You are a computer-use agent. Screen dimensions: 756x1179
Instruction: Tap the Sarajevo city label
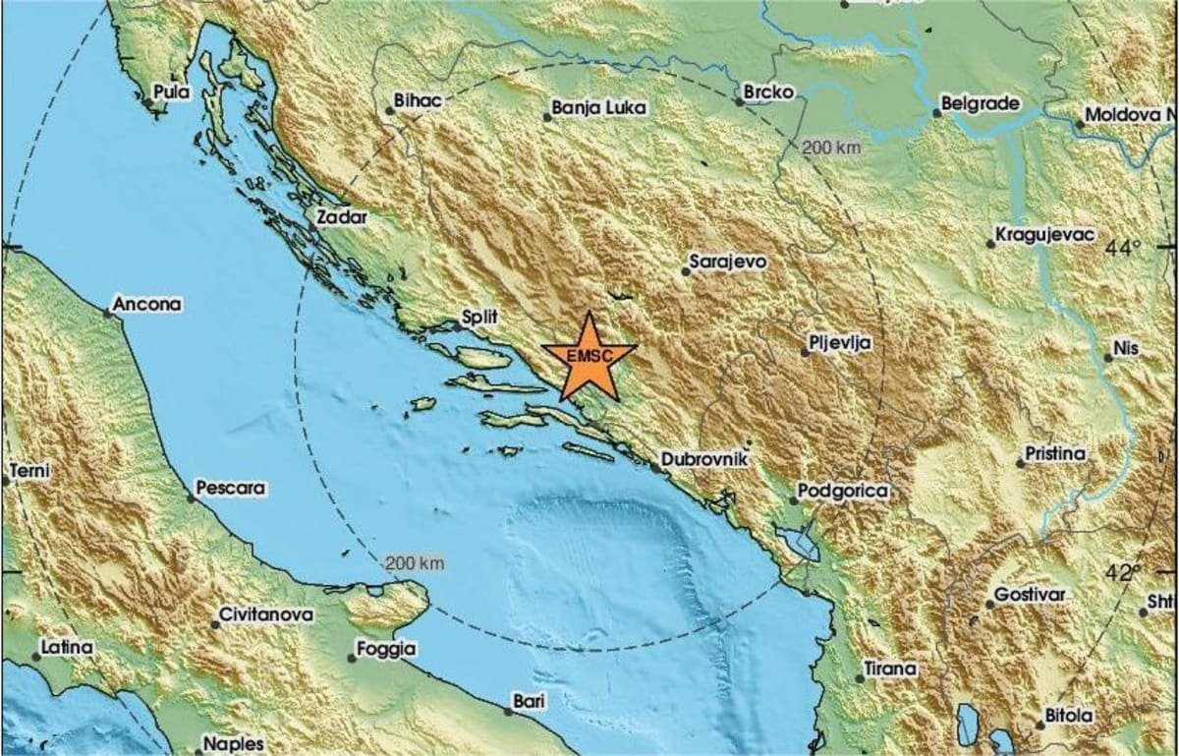click(728, 262)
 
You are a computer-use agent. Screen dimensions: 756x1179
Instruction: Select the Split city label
click(481, 317)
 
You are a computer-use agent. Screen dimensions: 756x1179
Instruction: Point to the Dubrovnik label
click(705, 458)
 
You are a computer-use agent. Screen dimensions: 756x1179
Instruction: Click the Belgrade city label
click(981, 102)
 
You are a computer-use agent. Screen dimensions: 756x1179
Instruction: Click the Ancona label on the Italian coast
click(147, 305)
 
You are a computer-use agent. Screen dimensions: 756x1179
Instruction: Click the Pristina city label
click(1055, 454)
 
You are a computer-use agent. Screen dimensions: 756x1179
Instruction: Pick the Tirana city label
click(890, 669)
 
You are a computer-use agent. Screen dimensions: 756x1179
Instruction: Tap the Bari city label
click(529, 701)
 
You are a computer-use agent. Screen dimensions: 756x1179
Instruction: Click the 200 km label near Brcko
click(831, 148)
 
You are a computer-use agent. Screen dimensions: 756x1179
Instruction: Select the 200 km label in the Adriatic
click(417, 563)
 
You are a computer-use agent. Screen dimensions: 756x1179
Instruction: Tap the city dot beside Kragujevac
click(989, 244)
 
